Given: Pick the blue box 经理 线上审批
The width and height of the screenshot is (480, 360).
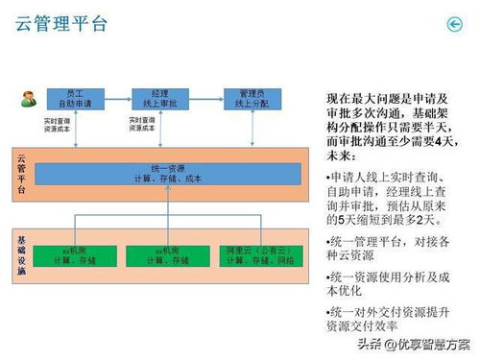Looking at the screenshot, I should [160, 97].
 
